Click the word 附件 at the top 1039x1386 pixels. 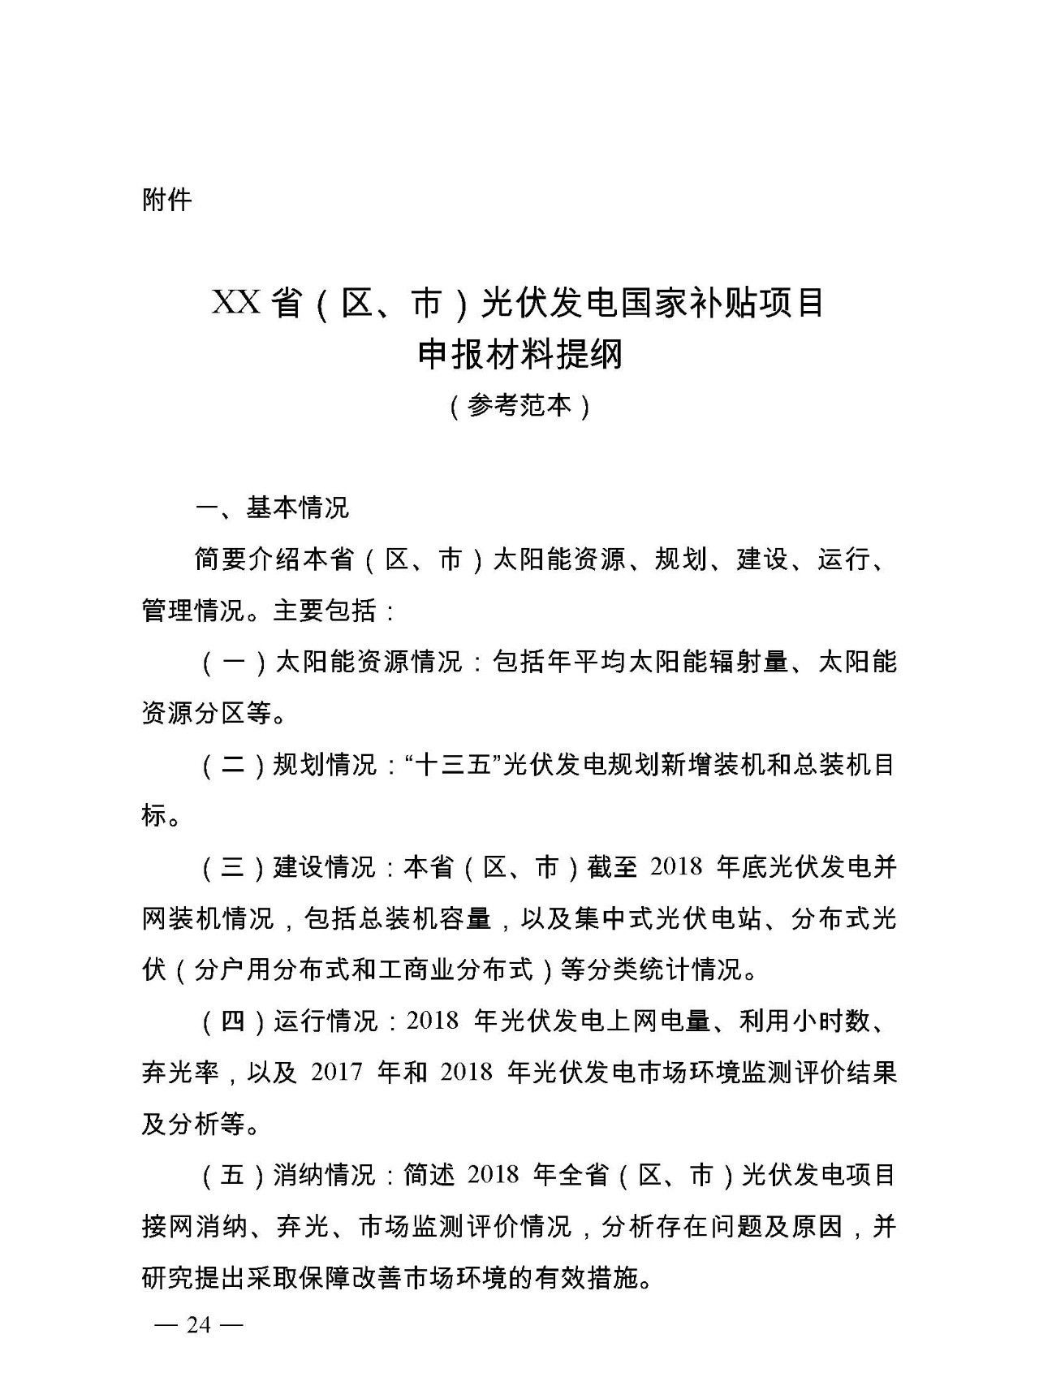tap(166, 200)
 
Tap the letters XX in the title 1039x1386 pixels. tap(235, 303)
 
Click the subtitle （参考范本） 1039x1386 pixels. tap(519, 405)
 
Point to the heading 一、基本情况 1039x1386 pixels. tap(272, 508)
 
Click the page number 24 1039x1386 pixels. tap(199, 1325)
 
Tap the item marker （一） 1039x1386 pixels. tap(233, 662)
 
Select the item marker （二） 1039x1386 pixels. tap(233, 764)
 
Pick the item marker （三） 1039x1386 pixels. tap(233, 867)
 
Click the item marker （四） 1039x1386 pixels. tap(233, 1021)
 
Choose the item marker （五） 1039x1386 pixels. tap(233, 1174)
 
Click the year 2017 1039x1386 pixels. tap(336, 1072)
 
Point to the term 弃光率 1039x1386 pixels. tap(180, 1072)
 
